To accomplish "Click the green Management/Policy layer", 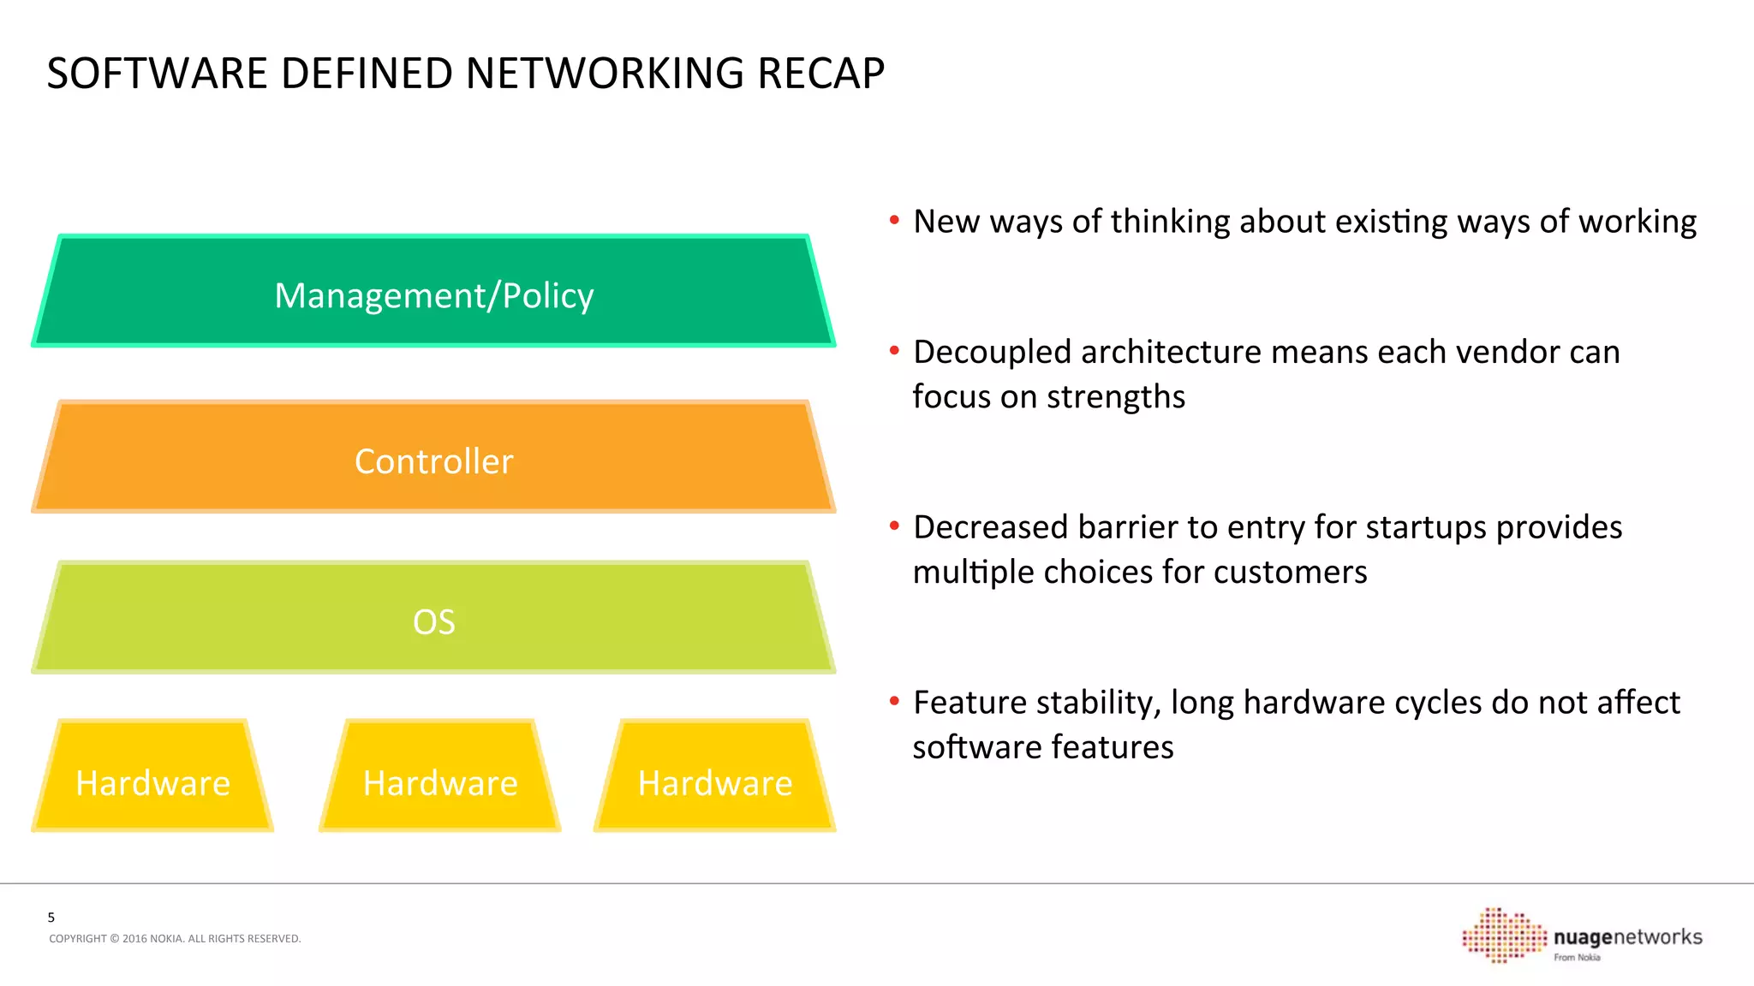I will click(433, 291).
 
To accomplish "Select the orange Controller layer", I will click(433, 458).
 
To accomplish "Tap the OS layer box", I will click(433, 618).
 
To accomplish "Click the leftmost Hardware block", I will click(152, 779).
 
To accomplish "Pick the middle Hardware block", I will click(440, 779).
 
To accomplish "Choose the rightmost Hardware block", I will click(715, 779).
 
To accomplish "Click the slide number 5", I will click(51, 918).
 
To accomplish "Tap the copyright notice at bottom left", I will click(175, 939).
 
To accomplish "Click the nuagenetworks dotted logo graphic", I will click(1503, 935).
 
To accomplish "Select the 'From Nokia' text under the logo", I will click(1577, 958).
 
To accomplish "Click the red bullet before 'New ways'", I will click(894, 221).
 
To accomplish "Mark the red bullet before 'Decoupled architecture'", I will click(894, 351).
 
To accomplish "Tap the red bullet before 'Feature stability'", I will click(894, 702).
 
